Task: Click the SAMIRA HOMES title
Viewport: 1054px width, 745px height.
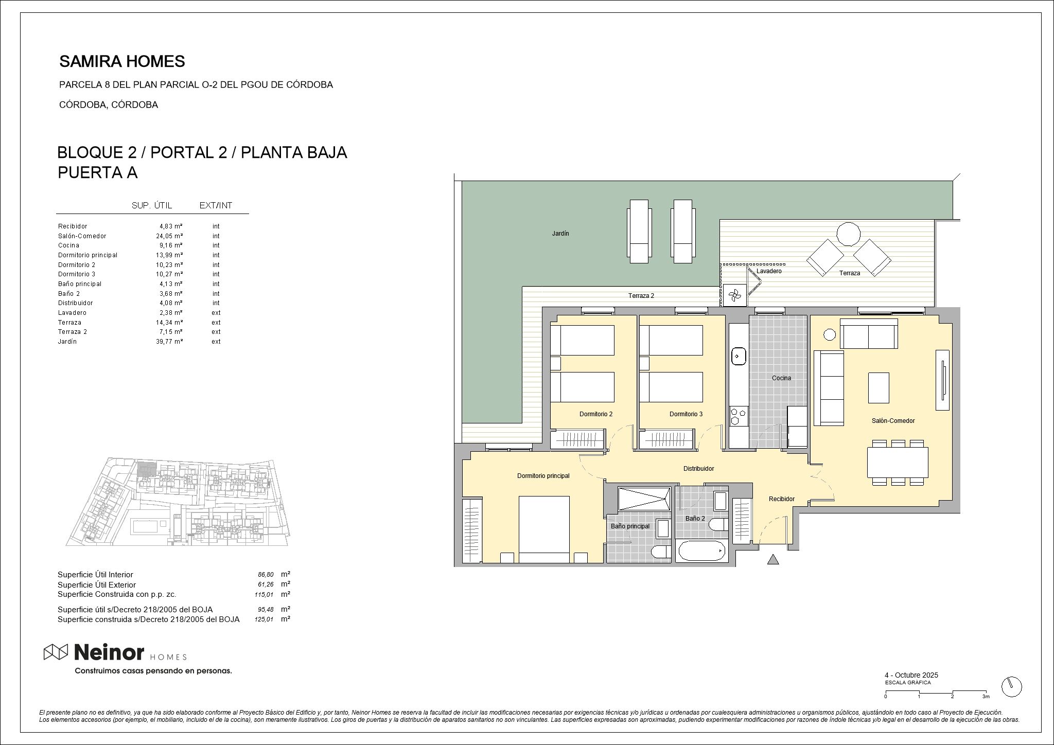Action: (x=122, y=62)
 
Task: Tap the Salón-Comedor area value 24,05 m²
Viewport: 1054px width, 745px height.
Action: (x=170, y=236)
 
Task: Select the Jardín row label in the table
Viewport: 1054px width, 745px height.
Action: (x=67, y=342)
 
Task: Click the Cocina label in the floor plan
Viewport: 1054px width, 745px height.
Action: (x=781, y=378)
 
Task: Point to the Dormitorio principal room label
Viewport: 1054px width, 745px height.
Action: (x=543, y=476)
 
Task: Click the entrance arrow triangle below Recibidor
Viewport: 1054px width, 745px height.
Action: (x=773, y=559)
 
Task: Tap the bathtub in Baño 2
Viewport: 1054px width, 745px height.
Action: (x=701, y=552)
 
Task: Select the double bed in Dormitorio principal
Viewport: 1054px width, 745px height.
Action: (x=544, y=529)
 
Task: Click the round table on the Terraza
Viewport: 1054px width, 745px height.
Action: (x=848, y=234)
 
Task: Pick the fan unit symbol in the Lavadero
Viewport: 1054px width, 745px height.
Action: (x=734, y=295)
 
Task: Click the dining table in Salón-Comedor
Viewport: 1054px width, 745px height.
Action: (x=898, y=462)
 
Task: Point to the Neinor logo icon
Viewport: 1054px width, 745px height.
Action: (x=56, y=652)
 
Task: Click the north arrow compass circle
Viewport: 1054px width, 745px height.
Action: (x=1011, y=686)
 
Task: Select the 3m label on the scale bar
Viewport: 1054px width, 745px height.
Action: (x=986, y=697)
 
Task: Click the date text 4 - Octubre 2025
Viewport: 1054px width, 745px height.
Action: (x=911, y=675)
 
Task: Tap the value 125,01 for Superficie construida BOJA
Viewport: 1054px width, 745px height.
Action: (x=264, y=619)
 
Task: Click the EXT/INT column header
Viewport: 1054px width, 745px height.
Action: (x=216, y=206)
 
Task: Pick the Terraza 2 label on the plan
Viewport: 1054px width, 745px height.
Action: (x=641, y=296)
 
